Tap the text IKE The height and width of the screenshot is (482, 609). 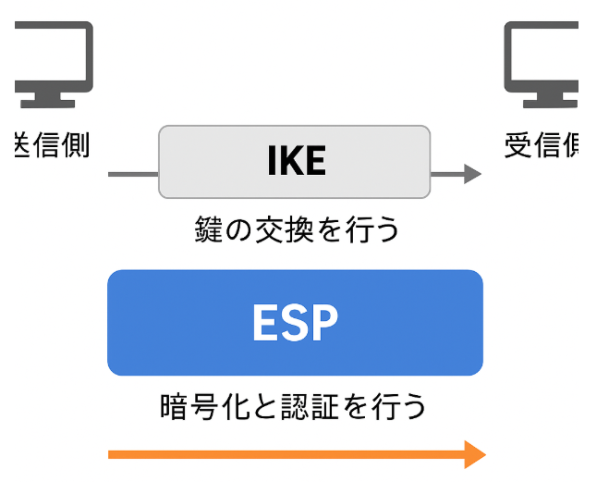[x=296, y=162]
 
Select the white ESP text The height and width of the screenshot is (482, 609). [x=295, y=323]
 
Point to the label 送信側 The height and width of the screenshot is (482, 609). [x=53, y=145]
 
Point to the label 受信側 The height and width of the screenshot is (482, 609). [x=542, y=145]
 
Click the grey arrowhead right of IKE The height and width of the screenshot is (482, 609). [x=472, y=174]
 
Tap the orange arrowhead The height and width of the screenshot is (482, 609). [x=474, y=454]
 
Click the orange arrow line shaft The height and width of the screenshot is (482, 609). [x=277, y=454]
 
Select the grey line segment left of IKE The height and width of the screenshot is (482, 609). [x=133, y=174]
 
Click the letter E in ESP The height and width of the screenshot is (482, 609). [x=265, y=323]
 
